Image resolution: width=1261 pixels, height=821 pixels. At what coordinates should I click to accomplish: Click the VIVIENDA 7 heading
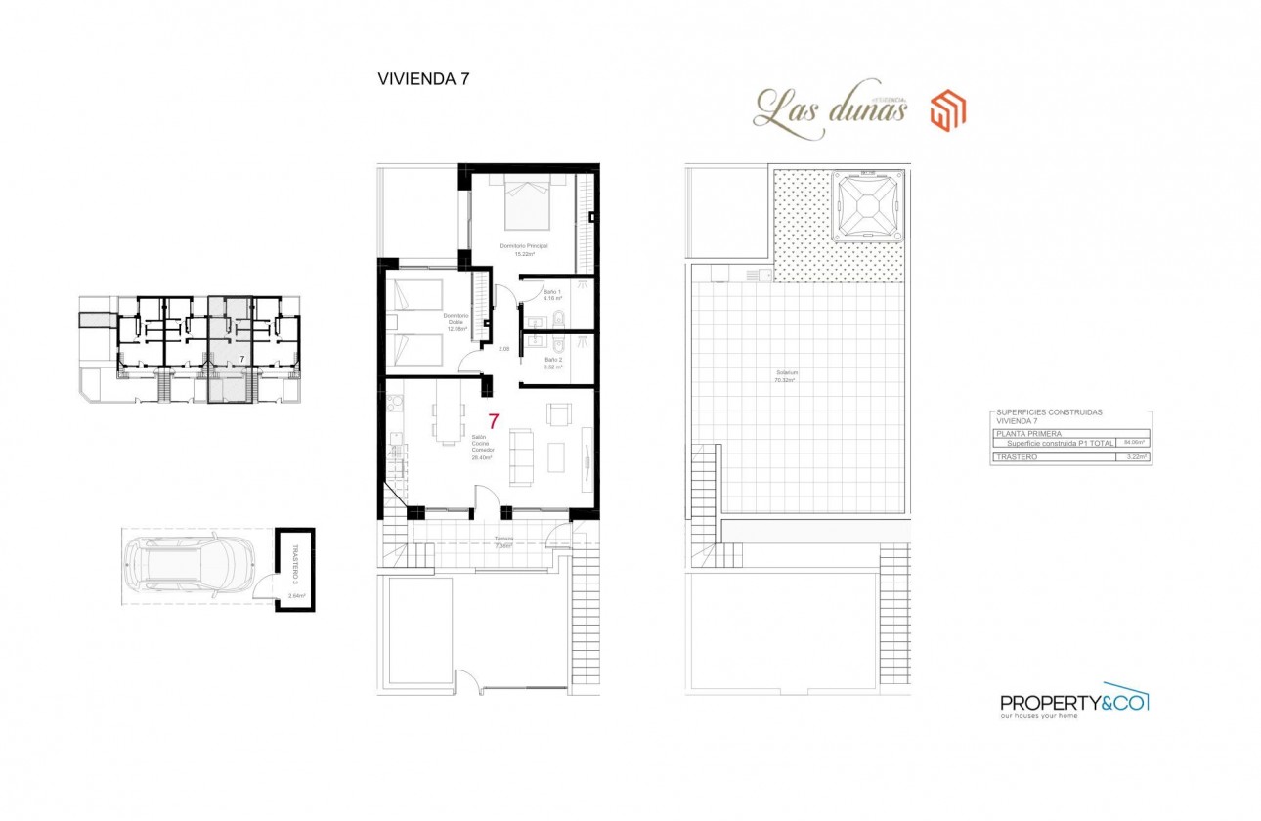[x=423, y=80]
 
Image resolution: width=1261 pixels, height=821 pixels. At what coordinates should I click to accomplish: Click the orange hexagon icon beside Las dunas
[x=947, y=110]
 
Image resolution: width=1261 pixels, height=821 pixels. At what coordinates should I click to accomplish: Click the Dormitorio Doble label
[x=457, y=322]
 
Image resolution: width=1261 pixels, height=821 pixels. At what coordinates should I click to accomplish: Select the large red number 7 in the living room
[x=494, y=422]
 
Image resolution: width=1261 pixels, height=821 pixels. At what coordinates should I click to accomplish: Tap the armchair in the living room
[x=559, y=414]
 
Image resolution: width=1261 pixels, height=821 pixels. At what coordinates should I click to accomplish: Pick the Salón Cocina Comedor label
[x=480, y=447]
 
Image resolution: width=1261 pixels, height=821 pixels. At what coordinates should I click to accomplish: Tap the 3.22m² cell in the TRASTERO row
[x=1134, y=456]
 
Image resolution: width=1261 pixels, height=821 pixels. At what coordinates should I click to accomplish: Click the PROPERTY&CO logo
[x=1073, y=702]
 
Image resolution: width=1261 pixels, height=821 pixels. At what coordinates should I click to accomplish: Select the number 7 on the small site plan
[x=241, y=361]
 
